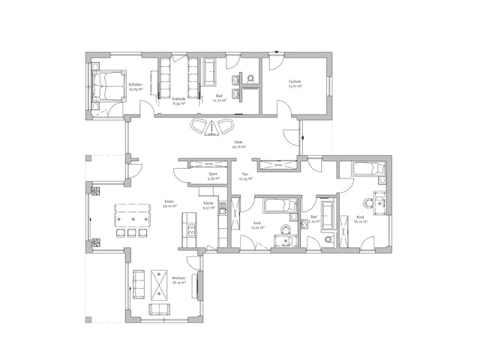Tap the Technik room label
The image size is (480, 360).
pyautogui.click(x=295, y=83)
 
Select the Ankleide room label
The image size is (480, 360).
pyautogui.click(x=178, y=101)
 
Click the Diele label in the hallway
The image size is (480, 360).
pyautogui.click(x=238, y=144)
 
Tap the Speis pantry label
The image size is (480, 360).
pyautogui.click(x=213, y=176)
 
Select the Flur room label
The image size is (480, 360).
pyautogui.click(x=244, y=176)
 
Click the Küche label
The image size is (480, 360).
pyautogui.click(x=208, y=204)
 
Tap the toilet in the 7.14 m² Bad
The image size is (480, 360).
pyautogui.click(x=331, y=239)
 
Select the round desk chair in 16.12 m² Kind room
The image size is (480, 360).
pyautogui.click(x=367, y=201)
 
